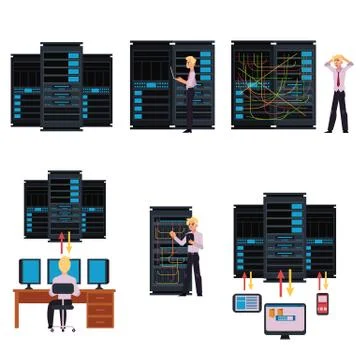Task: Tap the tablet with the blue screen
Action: point(247,301)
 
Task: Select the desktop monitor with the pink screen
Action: point(285,320)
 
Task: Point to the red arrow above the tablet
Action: point(241,281)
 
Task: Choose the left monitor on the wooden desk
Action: point(32,271)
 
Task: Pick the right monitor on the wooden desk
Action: point(97,271)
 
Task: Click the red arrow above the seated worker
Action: point(62,241)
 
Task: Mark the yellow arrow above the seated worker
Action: point(68,241)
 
